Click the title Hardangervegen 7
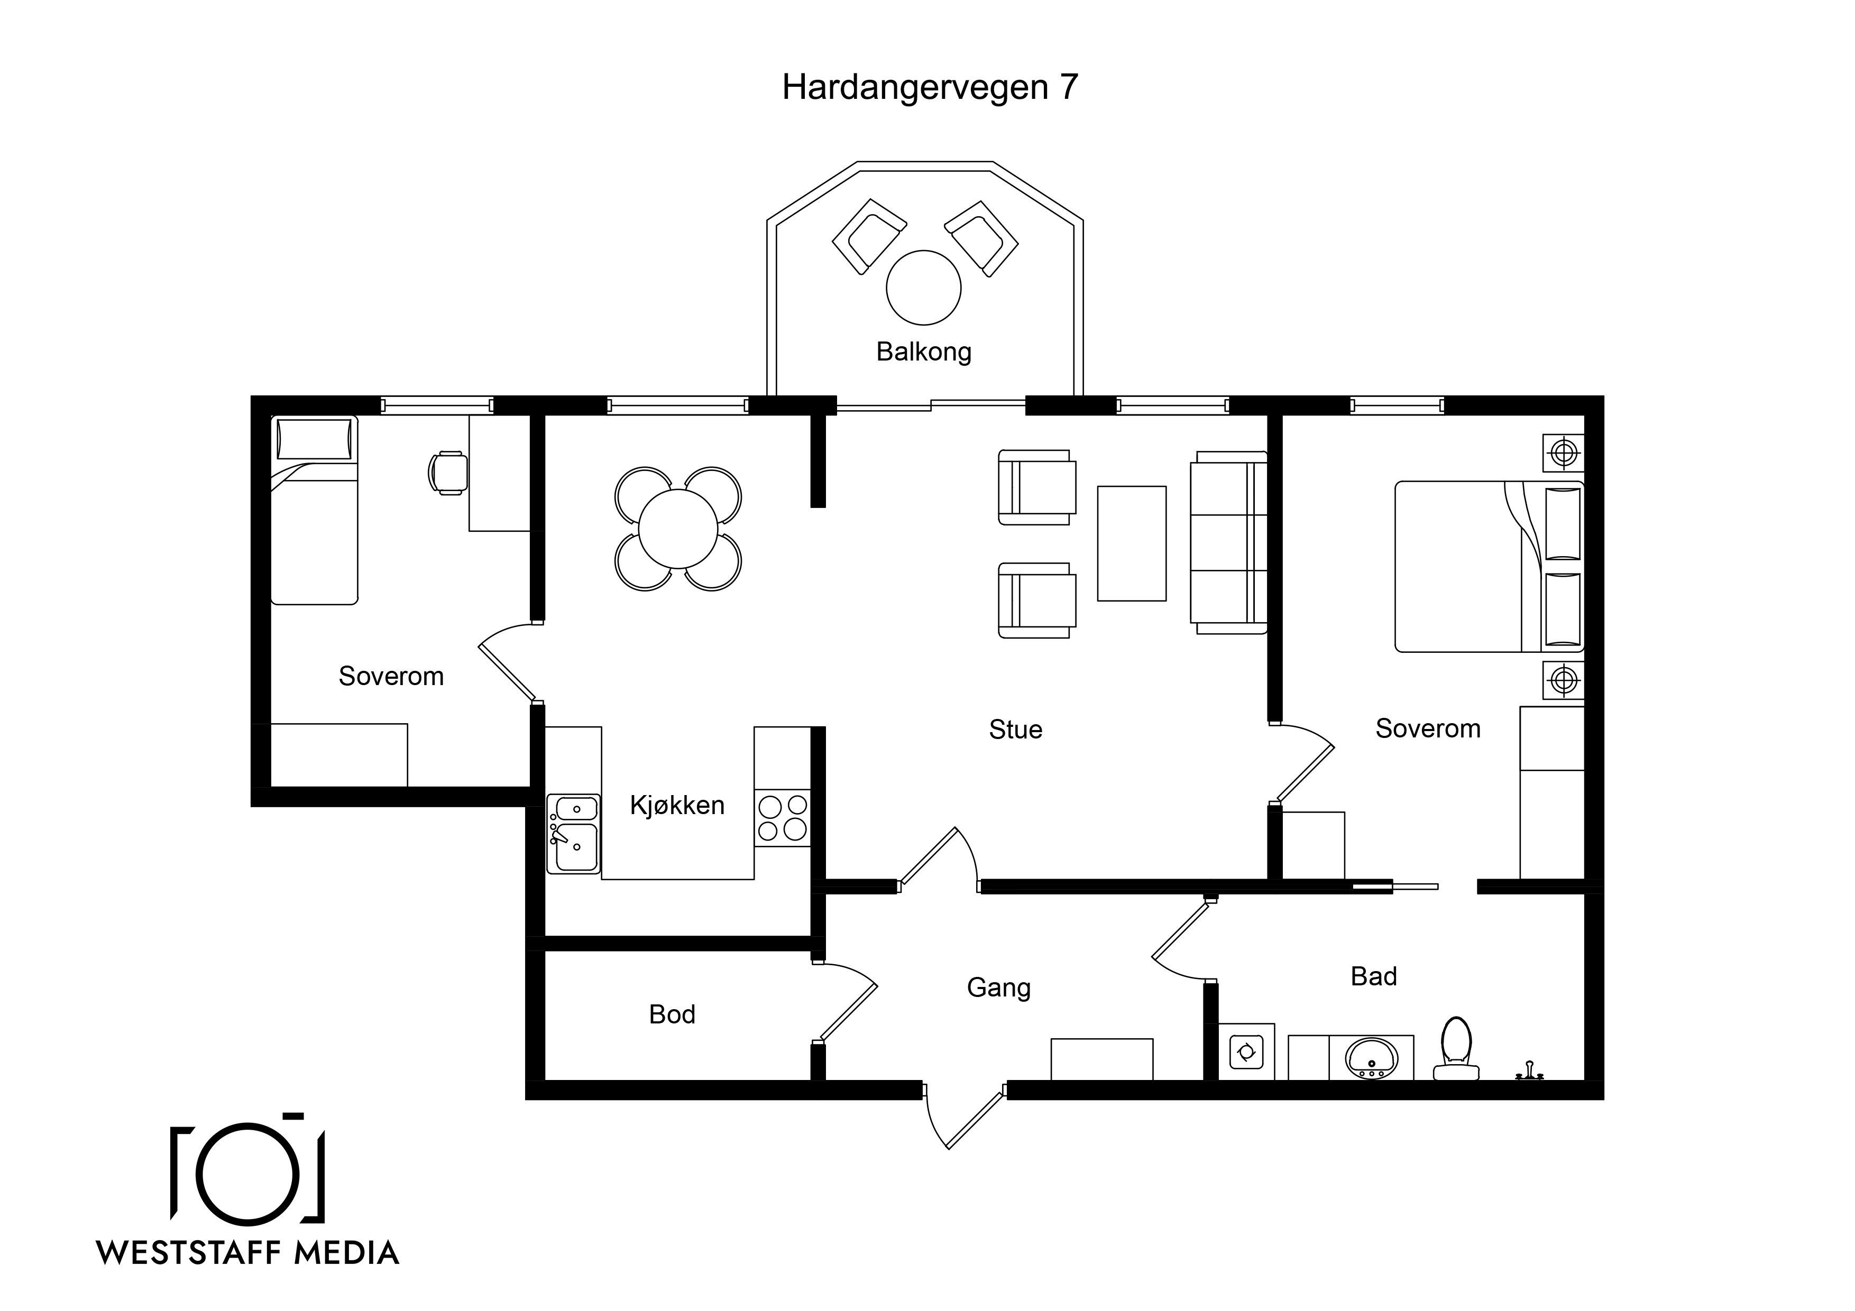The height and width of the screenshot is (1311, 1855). tap(930, 87)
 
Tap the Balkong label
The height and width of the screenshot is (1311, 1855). tap(923, 352)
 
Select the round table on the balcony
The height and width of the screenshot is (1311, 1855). tap(923, 288)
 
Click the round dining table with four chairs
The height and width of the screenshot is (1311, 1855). tap(678, 529)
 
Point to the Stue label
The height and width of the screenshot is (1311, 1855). tap(1016, 730)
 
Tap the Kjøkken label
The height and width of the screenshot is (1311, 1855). tap(677, 805)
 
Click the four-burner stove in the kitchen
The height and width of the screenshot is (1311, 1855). tap(782, 818)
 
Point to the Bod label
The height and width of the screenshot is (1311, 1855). tap(672, 1014)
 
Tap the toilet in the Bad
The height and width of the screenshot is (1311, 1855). tap(1456, 1048)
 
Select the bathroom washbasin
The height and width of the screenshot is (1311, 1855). tap(1371, 1057)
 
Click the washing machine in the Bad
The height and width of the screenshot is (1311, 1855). tap(1246, 1052)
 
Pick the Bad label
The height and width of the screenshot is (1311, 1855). tap(1373, 976)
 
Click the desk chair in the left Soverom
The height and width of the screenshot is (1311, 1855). tap(447, 473)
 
